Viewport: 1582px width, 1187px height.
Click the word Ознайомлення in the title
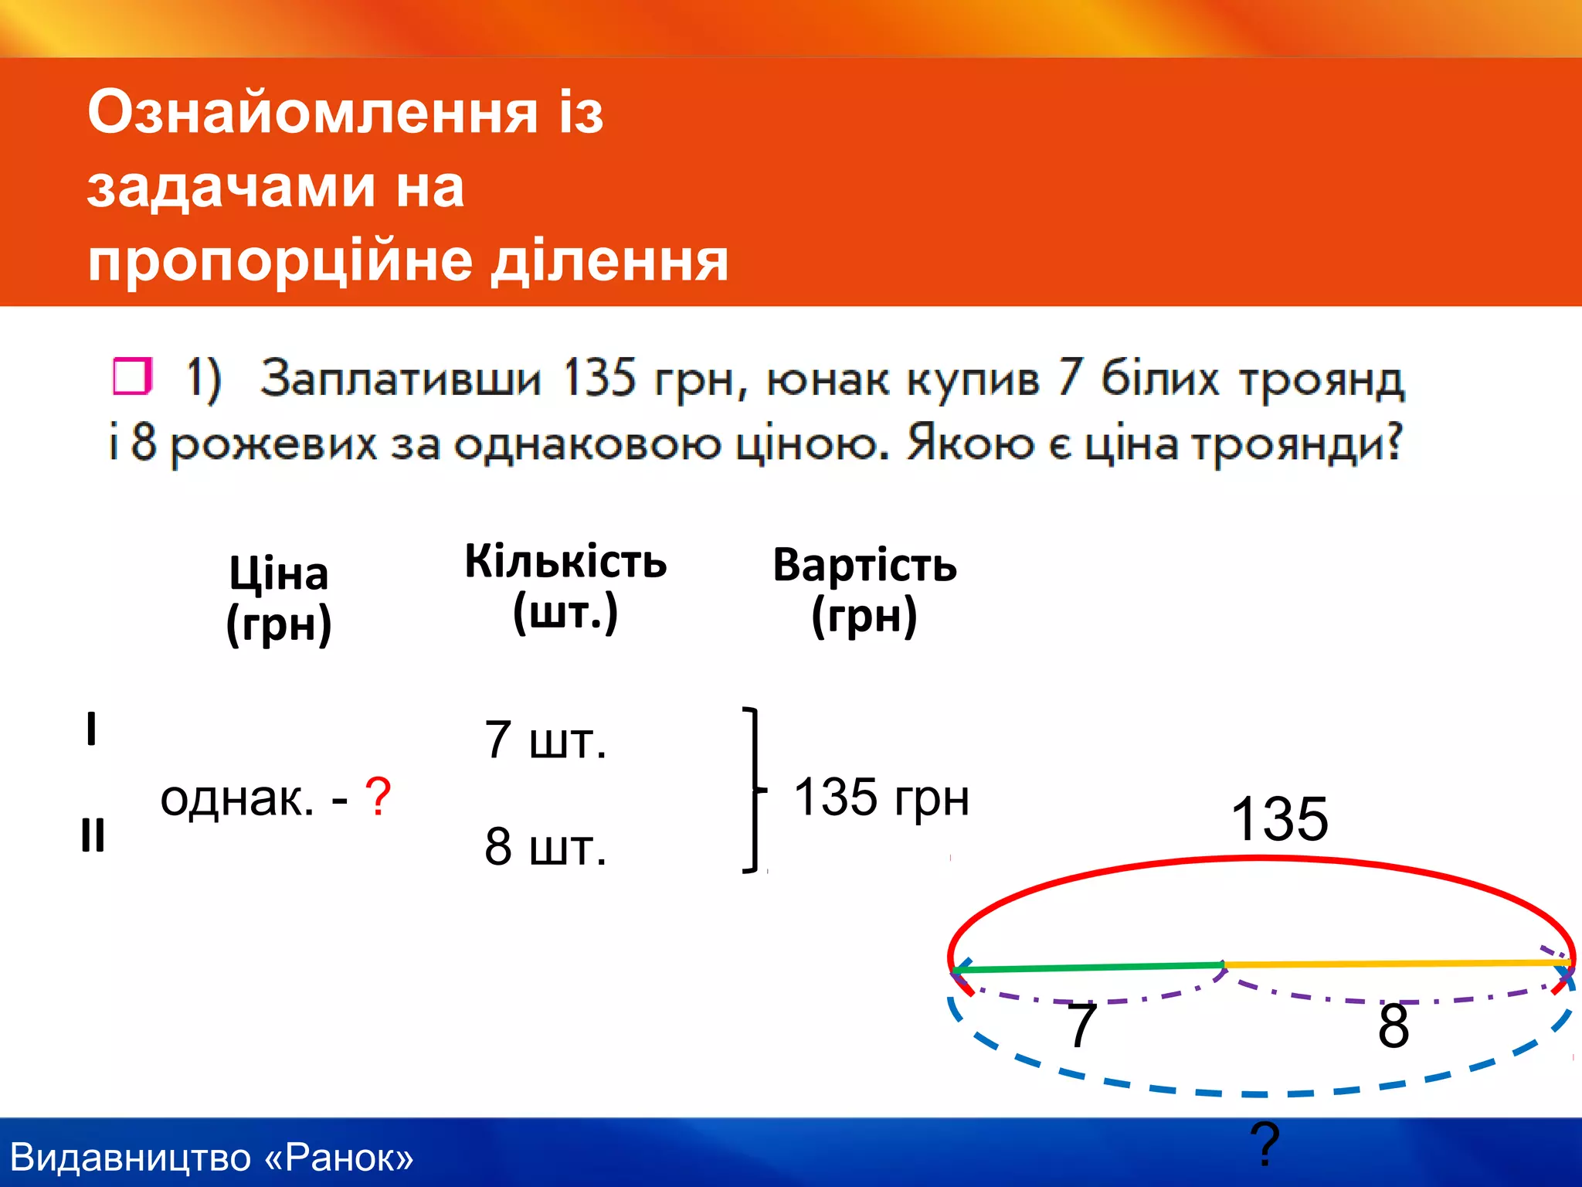(312, 113)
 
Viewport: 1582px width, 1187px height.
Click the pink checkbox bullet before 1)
(131, 376)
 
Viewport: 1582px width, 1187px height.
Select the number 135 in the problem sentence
(598, 379)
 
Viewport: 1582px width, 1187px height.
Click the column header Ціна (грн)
(279, 599)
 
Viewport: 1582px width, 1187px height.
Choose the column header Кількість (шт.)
(565, 587)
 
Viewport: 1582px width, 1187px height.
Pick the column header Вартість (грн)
(864, 591)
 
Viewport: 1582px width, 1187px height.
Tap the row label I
(91, 729)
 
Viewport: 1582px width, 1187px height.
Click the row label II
(93, 835)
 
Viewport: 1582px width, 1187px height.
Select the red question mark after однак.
(378, 797)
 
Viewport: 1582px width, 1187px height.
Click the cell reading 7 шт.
(545, 740)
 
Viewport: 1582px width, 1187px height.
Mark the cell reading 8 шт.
(545, 847)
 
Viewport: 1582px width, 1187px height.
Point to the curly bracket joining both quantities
(754, 790)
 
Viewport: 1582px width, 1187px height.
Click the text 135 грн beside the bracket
(881, 797)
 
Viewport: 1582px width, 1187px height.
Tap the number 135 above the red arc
(1278, 819)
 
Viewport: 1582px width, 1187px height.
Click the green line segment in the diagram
(1089, 968)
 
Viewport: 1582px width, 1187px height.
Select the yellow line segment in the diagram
(1398, 964)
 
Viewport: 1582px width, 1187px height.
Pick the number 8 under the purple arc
(1393, 1026)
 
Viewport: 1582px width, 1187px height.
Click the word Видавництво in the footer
(131, 1158)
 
